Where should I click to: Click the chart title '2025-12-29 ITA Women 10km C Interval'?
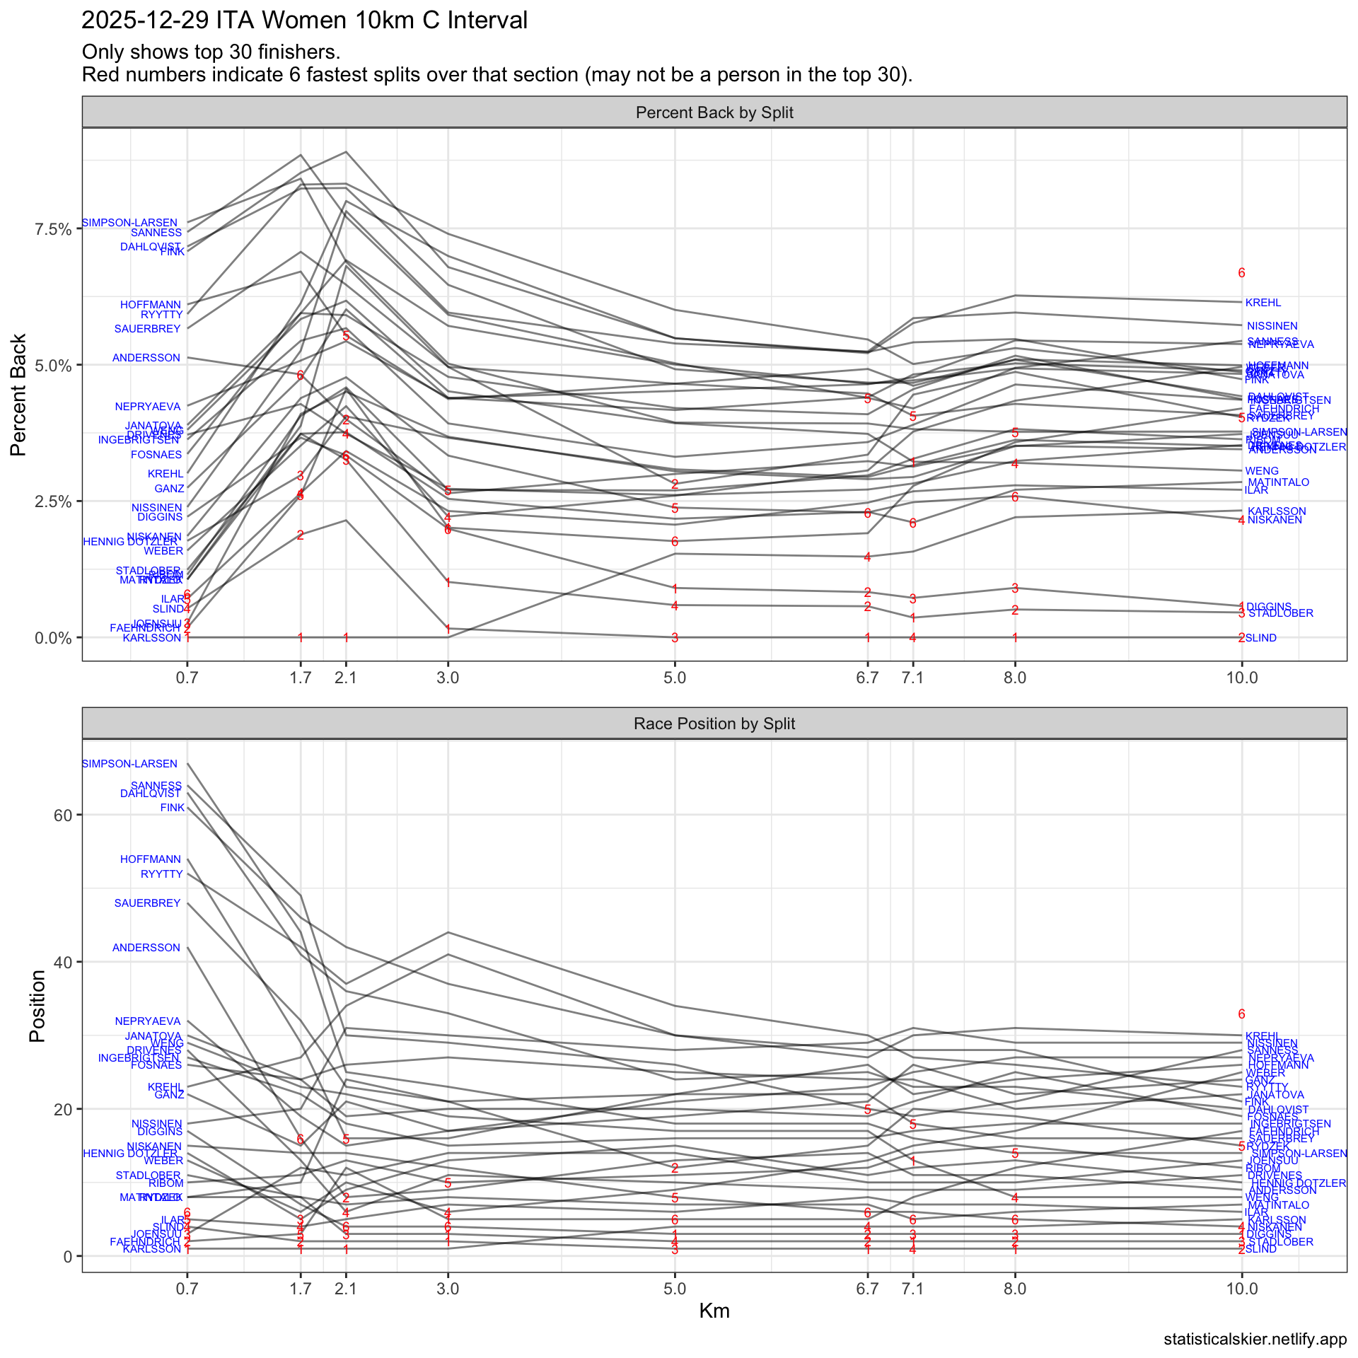[x=304, y=21]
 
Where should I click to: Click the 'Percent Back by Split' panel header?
[x=714, y=113]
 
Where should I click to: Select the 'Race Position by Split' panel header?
[x=714, y=724]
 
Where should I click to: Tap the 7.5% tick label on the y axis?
[x=53, y=229]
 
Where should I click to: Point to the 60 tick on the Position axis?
[x=62, y=815]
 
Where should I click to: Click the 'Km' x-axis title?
[x=714, y=1311]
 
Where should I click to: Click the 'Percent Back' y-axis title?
[x=19, y=395]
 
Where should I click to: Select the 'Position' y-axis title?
[x=37, y=1006]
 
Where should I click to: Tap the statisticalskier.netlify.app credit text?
[x=1255, y=1340]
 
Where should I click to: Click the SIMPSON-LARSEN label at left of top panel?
[x=130, y=223]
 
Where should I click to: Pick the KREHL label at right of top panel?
[x=1263, y=303]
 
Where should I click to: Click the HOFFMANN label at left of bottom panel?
[x=151, y=859]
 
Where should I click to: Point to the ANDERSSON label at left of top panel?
[x=146, y=358]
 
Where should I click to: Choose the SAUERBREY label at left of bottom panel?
[x=148, y=903]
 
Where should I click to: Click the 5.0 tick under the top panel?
[x=675, y=678]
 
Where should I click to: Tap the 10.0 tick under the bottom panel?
[x=1242, y=1289]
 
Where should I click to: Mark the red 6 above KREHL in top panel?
[x=1241, y=273]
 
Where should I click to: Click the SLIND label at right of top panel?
[x=1261, y=638]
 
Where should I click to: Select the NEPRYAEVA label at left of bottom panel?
[x=148, y=1021]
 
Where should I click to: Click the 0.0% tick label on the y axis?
[x=53, y=638]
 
